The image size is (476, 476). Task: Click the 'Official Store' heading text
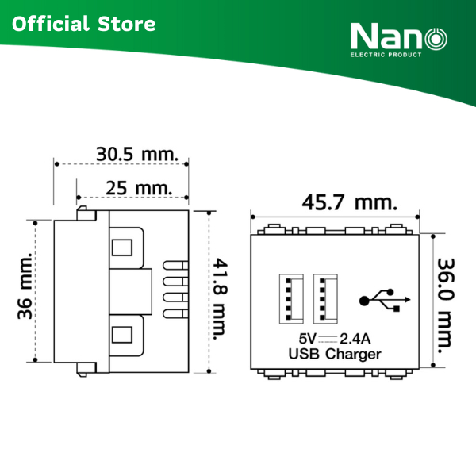pos(83,24)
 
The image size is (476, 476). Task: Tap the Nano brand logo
pos(398,40)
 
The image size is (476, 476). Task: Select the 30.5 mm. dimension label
pos(137,154)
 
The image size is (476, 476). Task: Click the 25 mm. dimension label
pos(139,188)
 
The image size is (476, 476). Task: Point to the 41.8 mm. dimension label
pos(220,299)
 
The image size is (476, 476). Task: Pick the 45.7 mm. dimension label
pos(349,202)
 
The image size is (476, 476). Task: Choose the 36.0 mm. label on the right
pos(445,305)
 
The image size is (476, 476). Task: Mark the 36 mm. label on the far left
pos(25,286)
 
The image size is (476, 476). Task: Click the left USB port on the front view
pos(291,298)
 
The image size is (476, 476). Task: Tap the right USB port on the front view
pos(325,298)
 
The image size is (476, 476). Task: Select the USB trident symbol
pos(385,300)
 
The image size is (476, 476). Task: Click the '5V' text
pos(307,339)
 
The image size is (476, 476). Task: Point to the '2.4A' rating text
pos(355,339)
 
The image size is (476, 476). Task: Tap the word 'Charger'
pos(353,355)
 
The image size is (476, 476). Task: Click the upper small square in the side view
pos(122,248)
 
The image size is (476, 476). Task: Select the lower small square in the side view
pos(122,335)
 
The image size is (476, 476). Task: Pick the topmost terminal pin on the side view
pos(175,265)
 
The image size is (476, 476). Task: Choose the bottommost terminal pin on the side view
pos(175,314)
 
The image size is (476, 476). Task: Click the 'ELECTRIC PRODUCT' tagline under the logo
pos(386,55)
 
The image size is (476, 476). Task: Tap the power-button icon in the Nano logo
pos(436,39)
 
